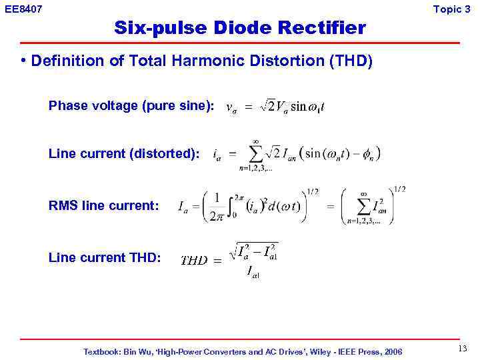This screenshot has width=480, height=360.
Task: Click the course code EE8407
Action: (x=23, y=9)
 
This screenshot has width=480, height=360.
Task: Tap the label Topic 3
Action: (x=451, y=9)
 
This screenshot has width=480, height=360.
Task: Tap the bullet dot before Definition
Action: (x=23, y=61)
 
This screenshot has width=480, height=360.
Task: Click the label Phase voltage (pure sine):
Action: (x=131, y=106)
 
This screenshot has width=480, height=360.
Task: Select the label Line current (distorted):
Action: (x=124, y=154)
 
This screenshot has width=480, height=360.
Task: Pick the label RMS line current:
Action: (x=104, y=206)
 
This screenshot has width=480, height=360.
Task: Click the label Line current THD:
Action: (x=105, y=257)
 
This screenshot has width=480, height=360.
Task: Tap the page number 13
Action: (x=463, y=349)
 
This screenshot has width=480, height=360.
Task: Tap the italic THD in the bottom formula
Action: (x=193, y=261)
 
